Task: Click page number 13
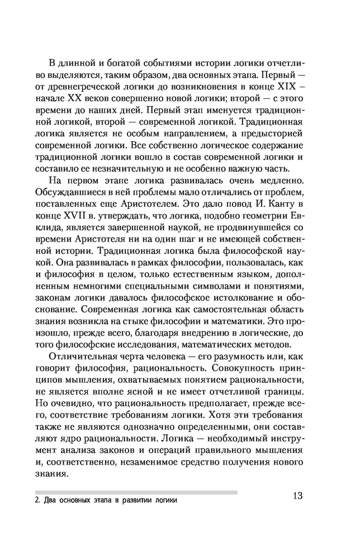(x=297, y=496)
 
